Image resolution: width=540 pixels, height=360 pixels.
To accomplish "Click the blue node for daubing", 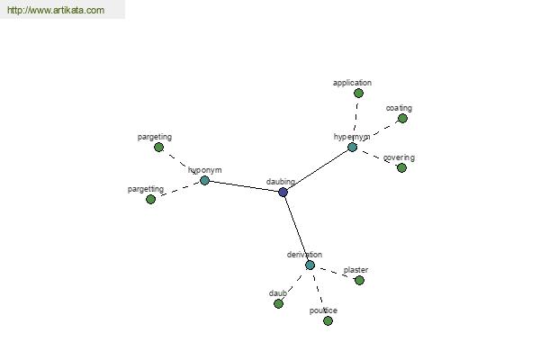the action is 283,192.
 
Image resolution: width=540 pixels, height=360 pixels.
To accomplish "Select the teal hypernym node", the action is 352,147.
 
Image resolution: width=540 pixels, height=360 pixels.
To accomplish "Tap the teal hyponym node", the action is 204,180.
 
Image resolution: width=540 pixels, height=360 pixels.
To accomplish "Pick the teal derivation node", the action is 310,265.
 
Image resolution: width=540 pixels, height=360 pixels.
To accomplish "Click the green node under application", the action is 358,93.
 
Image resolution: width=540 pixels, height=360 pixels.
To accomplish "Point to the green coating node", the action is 402,119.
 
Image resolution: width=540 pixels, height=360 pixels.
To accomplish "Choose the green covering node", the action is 401,167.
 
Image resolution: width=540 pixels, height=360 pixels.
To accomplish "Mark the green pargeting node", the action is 158,147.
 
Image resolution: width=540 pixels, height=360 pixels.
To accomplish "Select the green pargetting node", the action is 150,199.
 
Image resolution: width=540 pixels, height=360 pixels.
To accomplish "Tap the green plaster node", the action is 359,280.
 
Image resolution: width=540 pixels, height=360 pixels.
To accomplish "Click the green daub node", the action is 278,303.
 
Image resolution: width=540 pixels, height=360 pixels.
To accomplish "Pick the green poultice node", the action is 328,320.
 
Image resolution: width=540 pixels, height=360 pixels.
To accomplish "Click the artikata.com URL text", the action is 56,10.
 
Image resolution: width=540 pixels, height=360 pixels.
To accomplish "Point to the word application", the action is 352,83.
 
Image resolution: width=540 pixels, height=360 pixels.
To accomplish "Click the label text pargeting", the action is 155,137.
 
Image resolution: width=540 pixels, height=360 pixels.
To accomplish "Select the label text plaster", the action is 355,270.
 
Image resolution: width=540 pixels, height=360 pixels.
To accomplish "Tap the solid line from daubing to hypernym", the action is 318,169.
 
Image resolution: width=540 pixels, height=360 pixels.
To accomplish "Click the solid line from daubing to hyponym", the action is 244,186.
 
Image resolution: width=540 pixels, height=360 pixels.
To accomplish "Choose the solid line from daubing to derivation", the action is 296,229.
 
